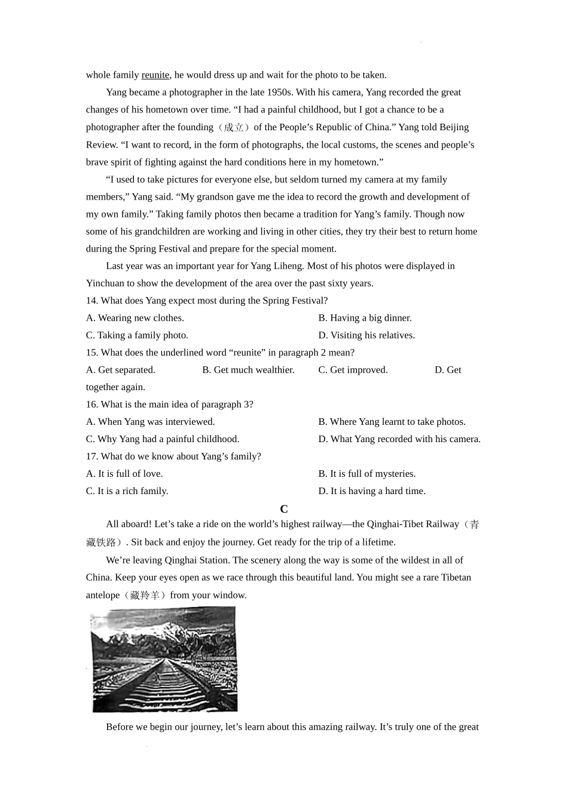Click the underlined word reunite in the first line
coord(155,75)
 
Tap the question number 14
coord(91,301)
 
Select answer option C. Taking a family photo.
coord(137,335)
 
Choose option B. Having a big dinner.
coord(365,318)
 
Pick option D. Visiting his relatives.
coord(367,335)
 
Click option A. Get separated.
coord(121,370)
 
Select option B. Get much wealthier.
coord(248,370)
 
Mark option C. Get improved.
coord(353,370)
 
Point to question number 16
coord(91,404)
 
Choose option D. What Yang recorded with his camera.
coord(399,439)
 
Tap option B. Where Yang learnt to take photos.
coord(392,422)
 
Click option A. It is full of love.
coord(124,474)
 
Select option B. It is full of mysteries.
coord(367,474)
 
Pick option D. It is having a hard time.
coord(372,491)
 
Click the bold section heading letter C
coord(284,509)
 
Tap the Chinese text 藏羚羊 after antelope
coord(146,595)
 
